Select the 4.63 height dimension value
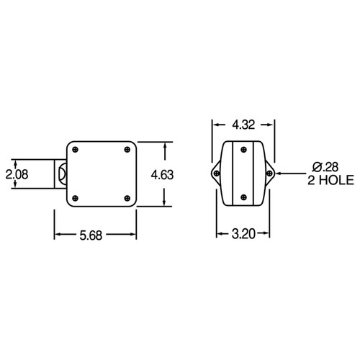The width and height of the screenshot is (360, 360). (x=163, y=175)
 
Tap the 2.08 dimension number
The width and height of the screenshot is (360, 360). (x=15, y=174)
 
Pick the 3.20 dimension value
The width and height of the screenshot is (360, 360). (x=245, y=234)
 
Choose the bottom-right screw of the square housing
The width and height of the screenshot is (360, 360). (x=127, y=197)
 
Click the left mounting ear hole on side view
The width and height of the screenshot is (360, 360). (x=215, y=174)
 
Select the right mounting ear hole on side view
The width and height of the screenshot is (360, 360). (x=271, y=174)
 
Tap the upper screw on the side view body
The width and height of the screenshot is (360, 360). (x=243, y=150)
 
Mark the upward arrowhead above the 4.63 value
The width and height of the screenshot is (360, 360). (x=167, y=145)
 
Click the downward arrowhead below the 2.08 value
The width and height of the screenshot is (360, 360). (x=14, y=187)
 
